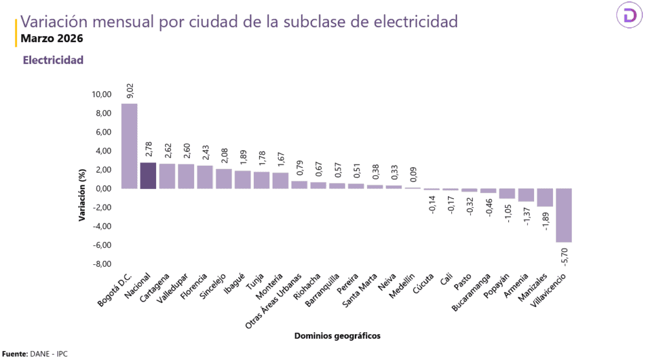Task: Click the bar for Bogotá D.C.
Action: pyautogui.click(x=129, y=146)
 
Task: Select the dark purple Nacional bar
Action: pyautogui.click(x=148, y=175)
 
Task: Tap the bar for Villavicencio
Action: pyautogui.click(x=564, y=215)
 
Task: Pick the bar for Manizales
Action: pyautogui.click(x=545, y=197)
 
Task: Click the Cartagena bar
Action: pyautogui.click(x=167, y=176)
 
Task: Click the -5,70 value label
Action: pyautogui.click(x=565, y=255)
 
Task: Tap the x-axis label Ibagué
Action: pyautogui.click(x=234, y=284)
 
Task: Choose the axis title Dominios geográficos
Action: pyautogui.click(x=337, y=335)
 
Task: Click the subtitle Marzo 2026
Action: pyautogui.click(x=52, y=38)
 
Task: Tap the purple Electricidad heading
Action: pyautogui.click(x=53, y=60)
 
